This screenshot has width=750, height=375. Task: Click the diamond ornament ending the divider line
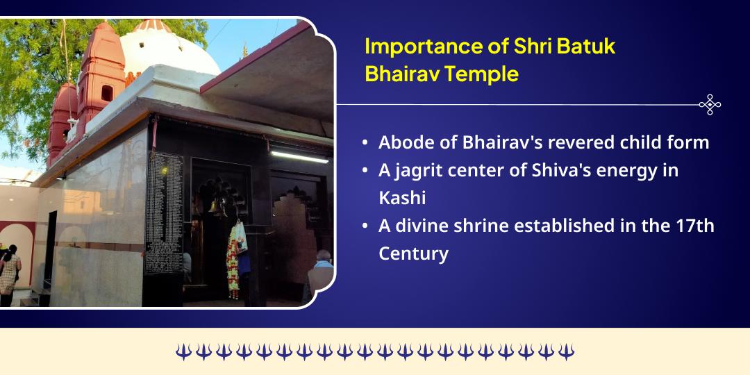710,105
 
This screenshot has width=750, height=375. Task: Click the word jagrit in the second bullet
422,170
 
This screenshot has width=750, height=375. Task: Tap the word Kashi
402,198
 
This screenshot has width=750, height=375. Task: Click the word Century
413,253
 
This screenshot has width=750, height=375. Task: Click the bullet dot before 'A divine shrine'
365,226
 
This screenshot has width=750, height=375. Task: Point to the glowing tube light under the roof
299,156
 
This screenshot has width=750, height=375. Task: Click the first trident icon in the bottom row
183,351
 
